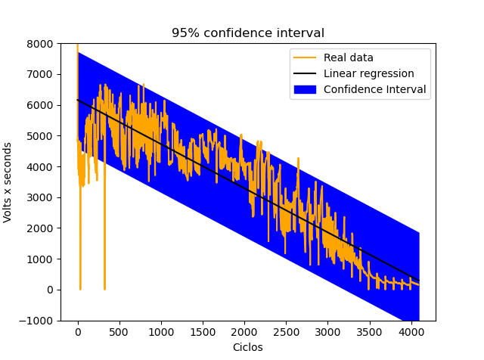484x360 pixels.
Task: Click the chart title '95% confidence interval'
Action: (x=248, y=33)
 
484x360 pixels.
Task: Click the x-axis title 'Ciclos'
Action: (x=248, y=347)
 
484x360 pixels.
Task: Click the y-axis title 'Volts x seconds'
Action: (x=8, y=182)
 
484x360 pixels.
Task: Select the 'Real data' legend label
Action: (x=348, y=57)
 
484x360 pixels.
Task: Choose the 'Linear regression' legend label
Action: (x=368, y=73)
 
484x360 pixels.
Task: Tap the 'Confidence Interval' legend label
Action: (x=374, y=89)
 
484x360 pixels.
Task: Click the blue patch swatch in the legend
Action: (x=306, y=89)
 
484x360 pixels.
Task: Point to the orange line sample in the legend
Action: (x=306, y=57)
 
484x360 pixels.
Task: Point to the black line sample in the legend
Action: (x=306, y=73)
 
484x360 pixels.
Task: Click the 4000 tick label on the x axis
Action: (x=411, y=331)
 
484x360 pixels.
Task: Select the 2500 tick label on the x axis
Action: (x=286, y=331)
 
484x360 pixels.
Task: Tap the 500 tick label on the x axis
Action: (x=119, y=331)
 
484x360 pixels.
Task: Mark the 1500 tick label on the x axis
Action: (x=203, y=331)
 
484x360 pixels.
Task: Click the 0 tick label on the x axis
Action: (x=78, y=331)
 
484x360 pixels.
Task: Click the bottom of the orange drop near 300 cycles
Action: (x=104, y=288)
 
